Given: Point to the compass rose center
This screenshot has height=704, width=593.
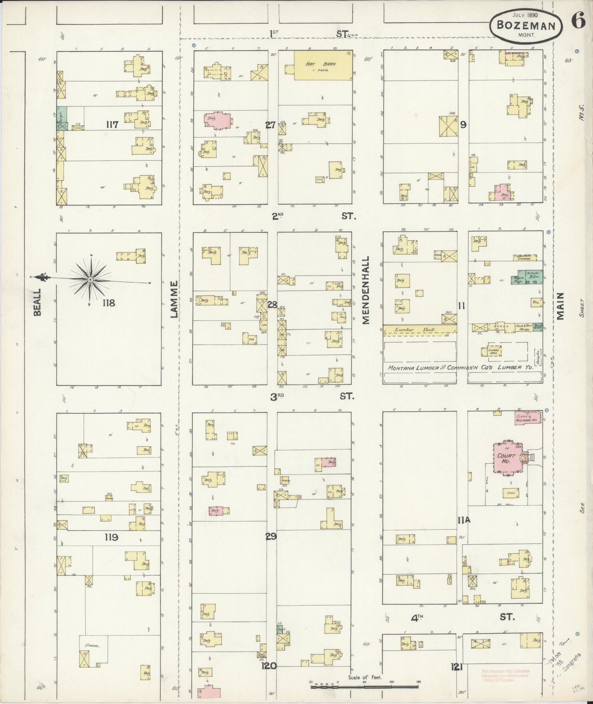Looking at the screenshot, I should coord(90,280).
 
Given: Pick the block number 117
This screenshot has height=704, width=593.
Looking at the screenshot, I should coord(112,124).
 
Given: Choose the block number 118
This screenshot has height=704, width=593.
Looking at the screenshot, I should coord(109,303).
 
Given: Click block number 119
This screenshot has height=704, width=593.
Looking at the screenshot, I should coord(111,537).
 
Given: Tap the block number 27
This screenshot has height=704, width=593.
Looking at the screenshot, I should coord(270,125).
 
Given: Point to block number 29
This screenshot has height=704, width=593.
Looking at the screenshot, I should coord(271,536).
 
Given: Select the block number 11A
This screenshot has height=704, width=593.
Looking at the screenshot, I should coord(464,520).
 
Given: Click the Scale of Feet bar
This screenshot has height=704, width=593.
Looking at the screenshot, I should coord(366,683).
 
